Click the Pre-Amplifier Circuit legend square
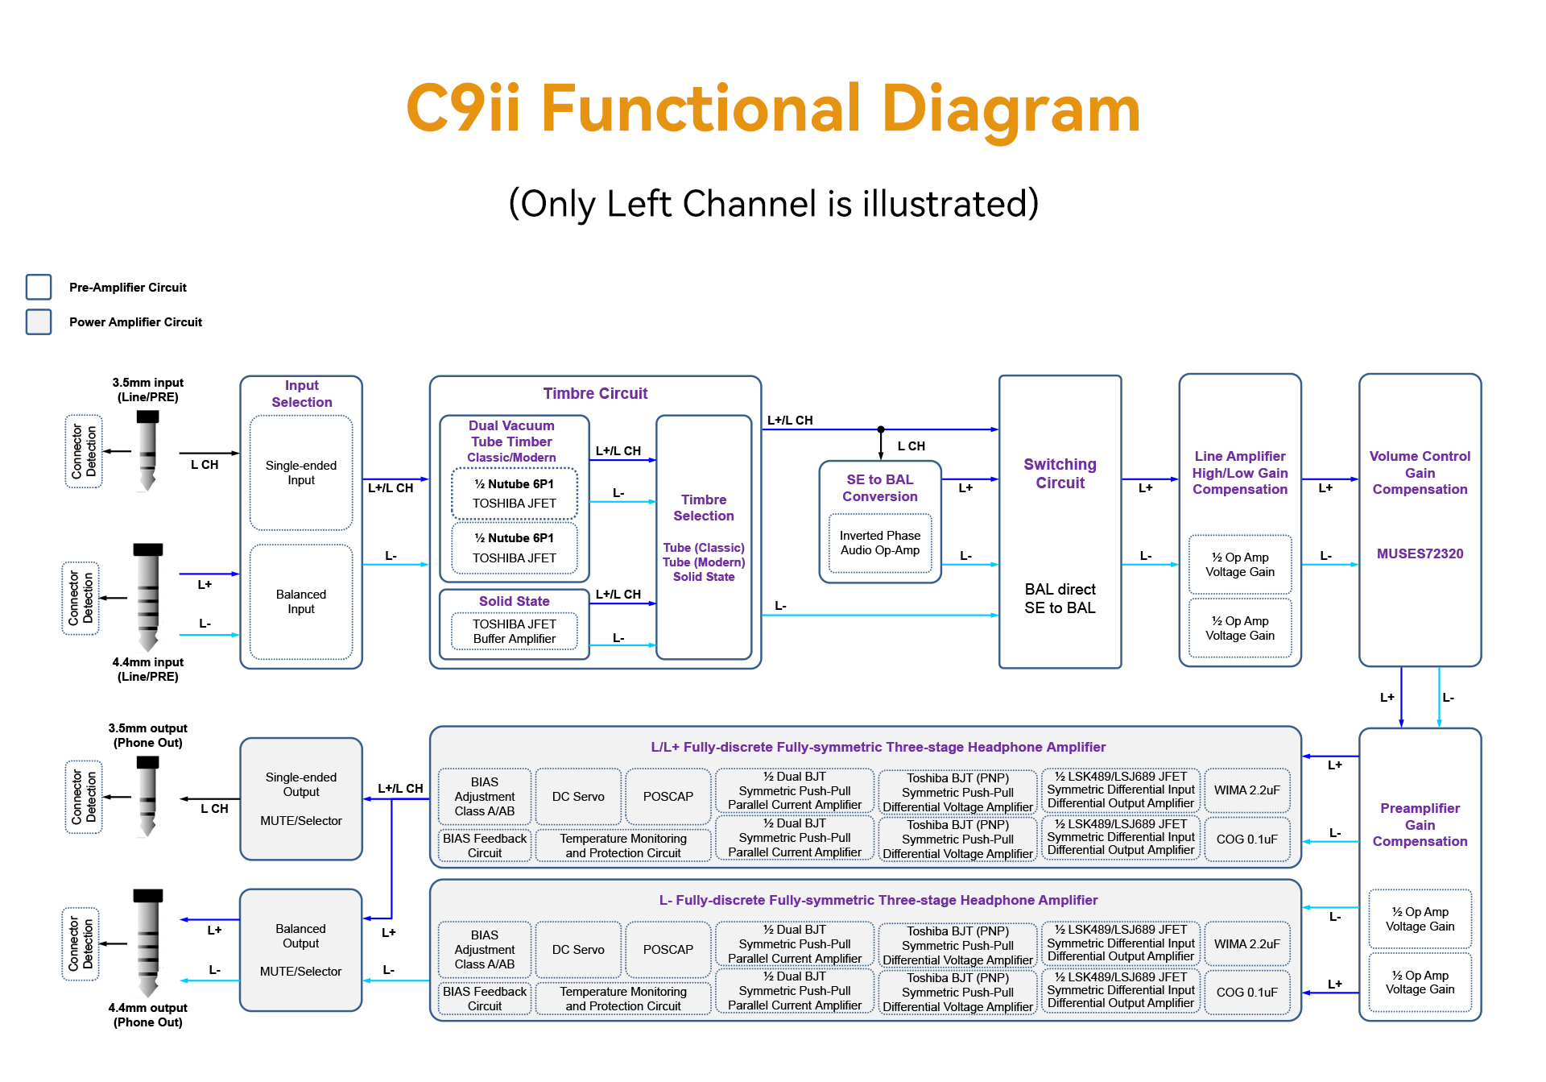coord(39,287)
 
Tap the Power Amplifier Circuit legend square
coord(39,321)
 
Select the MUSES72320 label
coord(1420,553)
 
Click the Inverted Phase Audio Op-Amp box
coord(880,543)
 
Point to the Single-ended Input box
coord(301,473)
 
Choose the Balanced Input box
coord(301,602)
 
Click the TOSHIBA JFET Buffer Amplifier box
coord(515,632)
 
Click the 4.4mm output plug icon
coord(147,943)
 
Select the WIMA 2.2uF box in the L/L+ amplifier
coord(1246,790)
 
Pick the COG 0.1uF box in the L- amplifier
coord(1246,993)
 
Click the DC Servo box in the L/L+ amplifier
coord(578,797)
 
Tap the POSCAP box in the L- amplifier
coord(668,950)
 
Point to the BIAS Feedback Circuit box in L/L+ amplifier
coord(485,846)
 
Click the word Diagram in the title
coord(1011,109)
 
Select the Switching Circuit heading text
coord(1060,474)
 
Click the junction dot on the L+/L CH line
coord(881,429)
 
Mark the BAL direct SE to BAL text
coord(1060,599)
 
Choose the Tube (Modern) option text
coord(704,562)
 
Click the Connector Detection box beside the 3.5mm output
coord(84,797)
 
